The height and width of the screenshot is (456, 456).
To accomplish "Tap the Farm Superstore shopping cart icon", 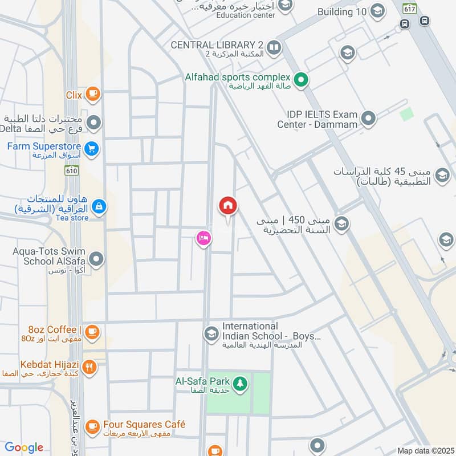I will coord(93,150).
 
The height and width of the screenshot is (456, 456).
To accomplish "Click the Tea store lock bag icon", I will coord(99,206).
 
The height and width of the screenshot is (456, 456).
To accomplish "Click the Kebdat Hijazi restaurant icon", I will coord(89,367).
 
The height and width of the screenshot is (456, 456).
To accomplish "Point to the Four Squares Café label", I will coord(144,425).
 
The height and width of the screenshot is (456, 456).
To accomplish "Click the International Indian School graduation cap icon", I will coord(211,332).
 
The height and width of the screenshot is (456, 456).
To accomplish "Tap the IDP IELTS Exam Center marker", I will coord(369,119).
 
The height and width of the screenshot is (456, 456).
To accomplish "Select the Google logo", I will coord(24,447).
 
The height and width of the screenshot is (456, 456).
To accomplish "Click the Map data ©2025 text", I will coord(425,450).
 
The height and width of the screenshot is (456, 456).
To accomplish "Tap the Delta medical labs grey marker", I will coord(95,122).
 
